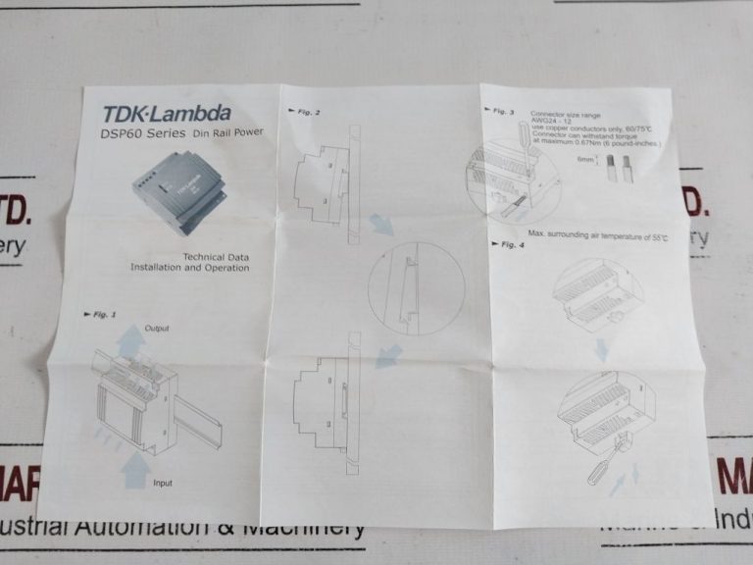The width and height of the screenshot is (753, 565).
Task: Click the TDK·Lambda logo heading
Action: pyautogui.click(x=166, y=114)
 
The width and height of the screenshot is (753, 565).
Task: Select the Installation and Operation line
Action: pyautogui.click(x=189, y=268)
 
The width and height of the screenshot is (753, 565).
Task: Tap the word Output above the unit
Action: pyautogui.click(x=157, y=327)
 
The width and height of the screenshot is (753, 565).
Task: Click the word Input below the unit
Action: pyautogui.click(x=163, y=483)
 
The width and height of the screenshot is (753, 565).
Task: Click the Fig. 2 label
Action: pyautogui.click(x=305, y=111)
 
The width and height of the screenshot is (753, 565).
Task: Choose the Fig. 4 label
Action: pyautogui.click(x=507, y=243)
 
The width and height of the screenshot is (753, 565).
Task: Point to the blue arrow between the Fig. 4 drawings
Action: pyautogui.click(x=601, y=349)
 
